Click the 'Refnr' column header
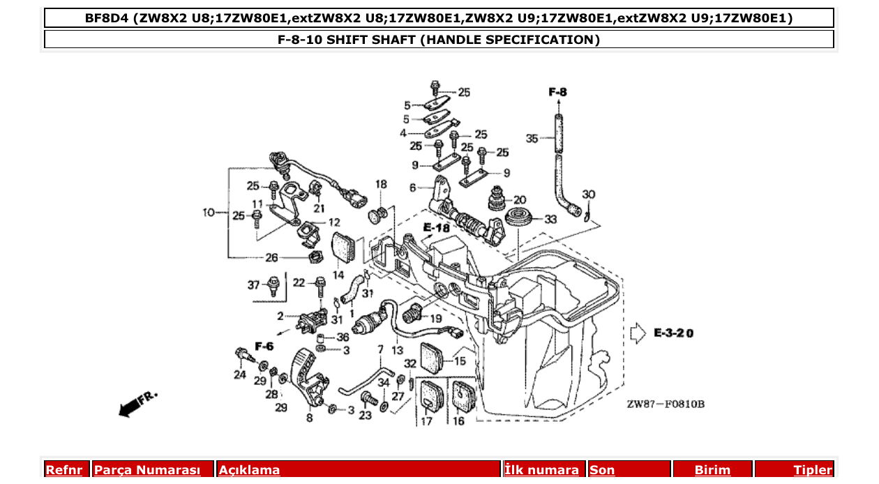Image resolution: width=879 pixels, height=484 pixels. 64,470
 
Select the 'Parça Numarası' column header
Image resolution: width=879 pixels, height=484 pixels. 147,470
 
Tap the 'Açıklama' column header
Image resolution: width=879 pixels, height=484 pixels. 250,470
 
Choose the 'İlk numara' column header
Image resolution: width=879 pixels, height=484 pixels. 541,470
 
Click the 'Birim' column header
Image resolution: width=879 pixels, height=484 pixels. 712,470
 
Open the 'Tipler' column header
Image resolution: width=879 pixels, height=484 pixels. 813,470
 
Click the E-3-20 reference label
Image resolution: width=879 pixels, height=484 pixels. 674,333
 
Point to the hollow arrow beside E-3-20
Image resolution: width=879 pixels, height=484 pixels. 638,333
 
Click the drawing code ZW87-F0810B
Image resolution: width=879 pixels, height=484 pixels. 665,404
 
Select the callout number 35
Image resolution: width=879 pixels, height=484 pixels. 532,139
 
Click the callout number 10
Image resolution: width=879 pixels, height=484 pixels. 209,212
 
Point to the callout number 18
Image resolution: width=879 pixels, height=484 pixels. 381,184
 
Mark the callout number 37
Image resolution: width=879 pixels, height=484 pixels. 253,285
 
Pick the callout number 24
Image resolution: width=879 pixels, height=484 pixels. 240,375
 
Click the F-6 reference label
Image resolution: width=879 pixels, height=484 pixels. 264,346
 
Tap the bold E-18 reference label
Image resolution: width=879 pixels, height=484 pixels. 436,227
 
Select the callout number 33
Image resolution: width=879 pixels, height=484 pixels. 550,219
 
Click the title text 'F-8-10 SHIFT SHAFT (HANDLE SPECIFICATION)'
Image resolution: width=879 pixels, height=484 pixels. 439,40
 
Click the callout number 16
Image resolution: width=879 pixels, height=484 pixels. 458,421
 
